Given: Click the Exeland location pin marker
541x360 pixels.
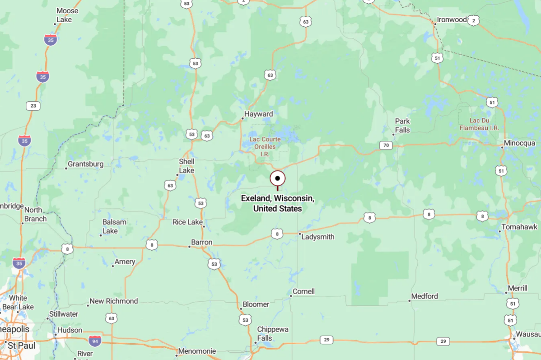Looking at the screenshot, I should click(x=278, y=179).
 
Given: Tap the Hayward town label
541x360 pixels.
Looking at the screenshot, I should click(x=258, y=114).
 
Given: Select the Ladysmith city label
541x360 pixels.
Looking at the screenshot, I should click(x=317, y=236).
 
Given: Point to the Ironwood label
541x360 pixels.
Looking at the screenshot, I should click(x=452, y=20).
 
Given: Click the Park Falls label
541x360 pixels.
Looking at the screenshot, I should click(x=402, y=126).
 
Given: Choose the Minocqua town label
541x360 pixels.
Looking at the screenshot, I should click(x=520, y=143).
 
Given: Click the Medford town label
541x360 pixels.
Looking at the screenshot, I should click(x=425, y=296).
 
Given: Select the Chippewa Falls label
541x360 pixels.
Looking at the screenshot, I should click(x=273, y=334).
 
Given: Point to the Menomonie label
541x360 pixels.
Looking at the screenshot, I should click(x=197, y=351).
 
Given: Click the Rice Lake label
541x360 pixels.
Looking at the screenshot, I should click(x=187, y=222).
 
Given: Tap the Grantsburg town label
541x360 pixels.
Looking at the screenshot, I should click(x=85, y=164).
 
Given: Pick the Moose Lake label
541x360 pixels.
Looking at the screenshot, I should click(x=67, y=15).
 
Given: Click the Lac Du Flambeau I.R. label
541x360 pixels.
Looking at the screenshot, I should click(x=479, y=124).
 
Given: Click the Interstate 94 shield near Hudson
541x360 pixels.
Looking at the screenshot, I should click(x=95, y=341).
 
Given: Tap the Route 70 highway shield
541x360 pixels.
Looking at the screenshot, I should click(x=386, y=145).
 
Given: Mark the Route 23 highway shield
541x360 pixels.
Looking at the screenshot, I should click(x=33, y=106).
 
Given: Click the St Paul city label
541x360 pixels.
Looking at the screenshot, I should click(x=16, y=346).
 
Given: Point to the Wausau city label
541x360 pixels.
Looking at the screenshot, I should click(x=529, y=334).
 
